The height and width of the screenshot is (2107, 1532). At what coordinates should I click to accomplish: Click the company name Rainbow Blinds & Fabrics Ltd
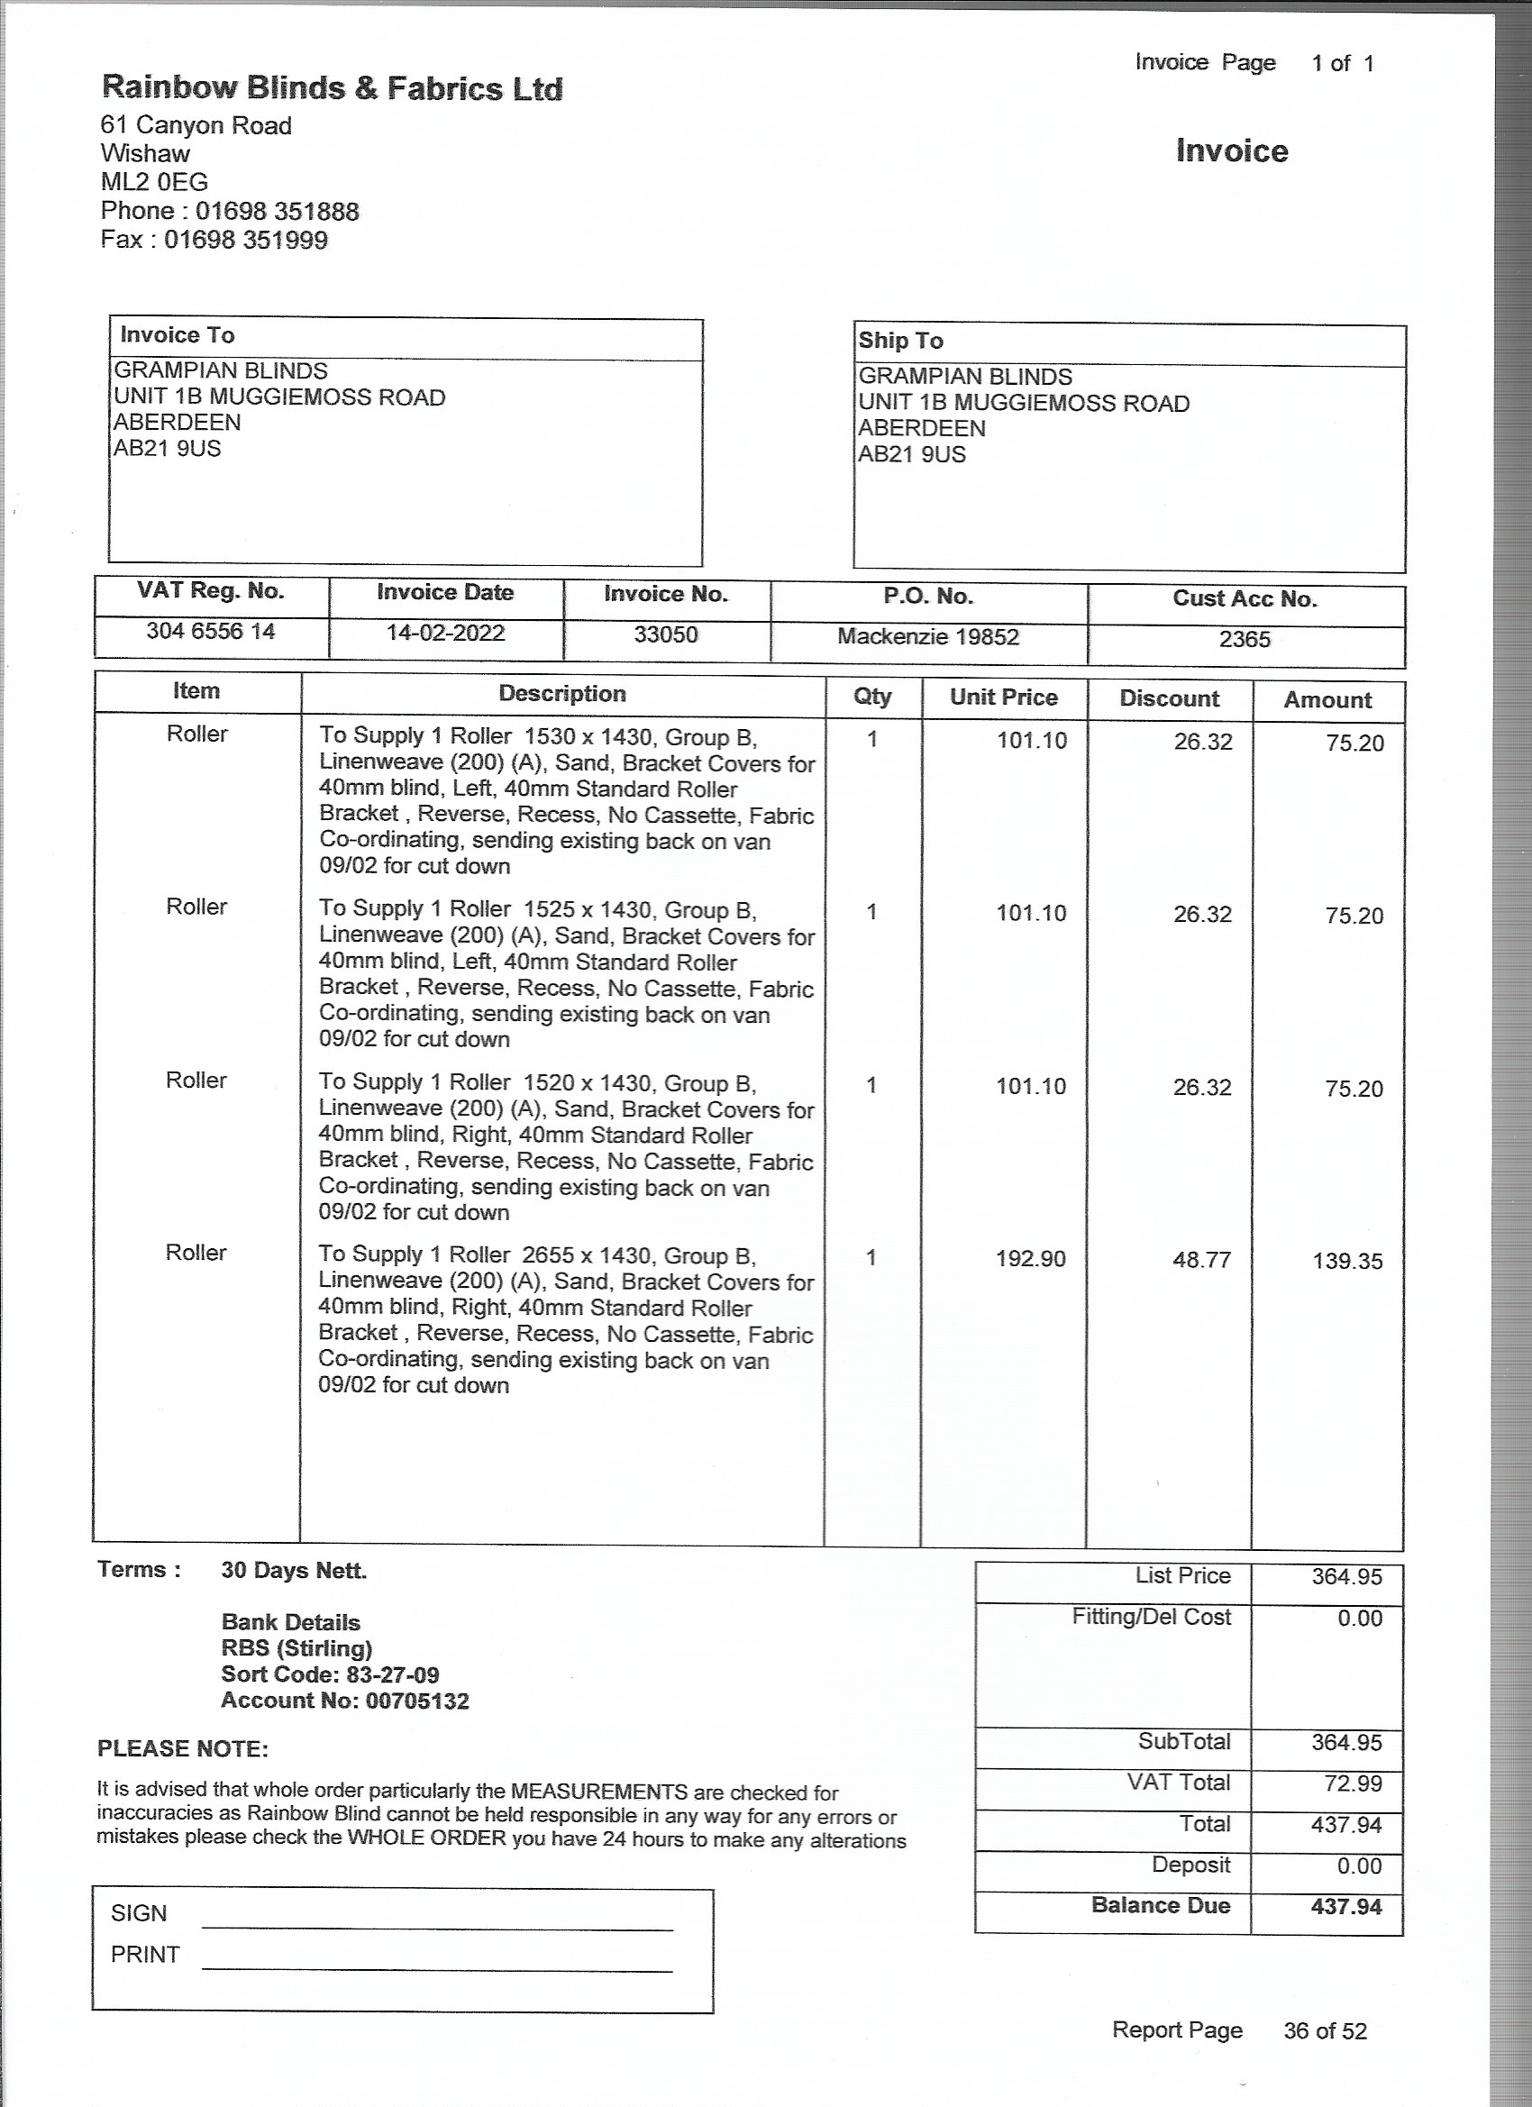(x=332, y=88)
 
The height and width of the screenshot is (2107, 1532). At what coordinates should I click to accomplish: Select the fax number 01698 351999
(x=245, y=240)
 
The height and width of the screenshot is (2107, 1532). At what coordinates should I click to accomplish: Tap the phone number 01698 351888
(x=277, y=211)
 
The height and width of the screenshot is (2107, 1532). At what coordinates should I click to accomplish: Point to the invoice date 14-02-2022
(x=445, y=633)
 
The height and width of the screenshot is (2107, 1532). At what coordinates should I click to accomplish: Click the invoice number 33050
(x=665, y=634)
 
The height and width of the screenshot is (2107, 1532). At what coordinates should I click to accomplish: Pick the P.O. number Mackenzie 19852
(x=928, y=636)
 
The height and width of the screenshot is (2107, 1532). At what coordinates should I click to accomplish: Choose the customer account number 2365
(x=1244, y=639)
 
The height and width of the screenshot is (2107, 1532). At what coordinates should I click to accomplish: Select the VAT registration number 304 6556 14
(x=211, y=631)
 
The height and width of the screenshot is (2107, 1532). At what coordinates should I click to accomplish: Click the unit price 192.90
(x=1030, y=1259)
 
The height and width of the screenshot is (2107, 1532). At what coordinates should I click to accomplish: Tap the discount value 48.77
(x=1201, y=1260)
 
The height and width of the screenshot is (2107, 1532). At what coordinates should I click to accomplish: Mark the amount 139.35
(x=1347, y=1262)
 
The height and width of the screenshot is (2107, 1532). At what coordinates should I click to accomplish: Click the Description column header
(x=562, y=693)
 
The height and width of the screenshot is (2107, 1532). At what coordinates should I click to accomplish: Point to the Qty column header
(x=871, y=696)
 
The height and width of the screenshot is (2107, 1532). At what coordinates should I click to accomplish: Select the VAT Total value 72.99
(x=1346, y=1783)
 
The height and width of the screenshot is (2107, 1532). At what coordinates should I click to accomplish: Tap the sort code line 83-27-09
(x=330, y=1674)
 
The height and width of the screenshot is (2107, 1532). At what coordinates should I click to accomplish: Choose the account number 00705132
(x=344, y=1701)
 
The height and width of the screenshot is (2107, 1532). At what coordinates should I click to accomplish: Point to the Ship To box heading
(x=900, y=341)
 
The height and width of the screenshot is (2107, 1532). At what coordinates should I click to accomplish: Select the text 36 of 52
(x=1325, y=2030)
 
